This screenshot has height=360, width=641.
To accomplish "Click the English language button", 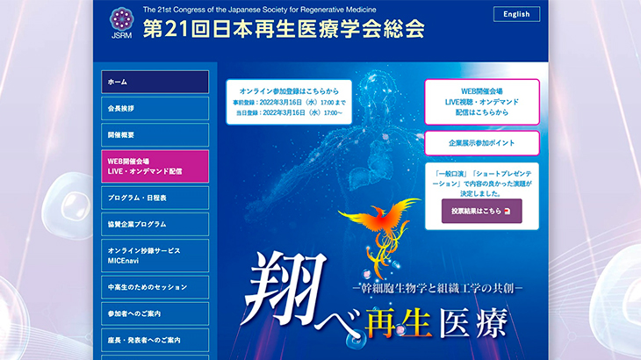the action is pyautogui.click(x=516, y=14).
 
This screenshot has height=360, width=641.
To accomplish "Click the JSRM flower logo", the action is pyautogui.click(x=121, y=19).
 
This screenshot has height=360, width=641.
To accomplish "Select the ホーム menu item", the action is pyautogui.click(x=155, y=83).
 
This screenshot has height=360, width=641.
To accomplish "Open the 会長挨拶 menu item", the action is pyautogui.click(x=155, y=109).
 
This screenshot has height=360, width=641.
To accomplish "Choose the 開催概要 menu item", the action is pyautogui.click(x=155, y=135).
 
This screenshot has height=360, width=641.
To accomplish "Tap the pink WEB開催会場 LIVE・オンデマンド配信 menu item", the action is pyautogui.click(x=155, y=166).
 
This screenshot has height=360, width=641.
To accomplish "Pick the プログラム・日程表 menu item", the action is pyautogui.click(x=155, y=198).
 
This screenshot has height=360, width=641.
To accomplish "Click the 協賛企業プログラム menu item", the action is pyautogui.click(x=155, y=224).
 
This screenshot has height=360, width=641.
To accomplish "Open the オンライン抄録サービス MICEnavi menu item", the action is pyautogui.click(x=155, y=256).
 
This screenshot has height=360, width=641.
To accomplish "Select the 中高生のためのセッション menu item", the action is pyautogui.click(x=155, y=287).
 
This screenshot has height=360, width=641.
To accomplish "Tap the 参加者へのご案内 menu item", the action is pyautogui.click(x=155, y=313).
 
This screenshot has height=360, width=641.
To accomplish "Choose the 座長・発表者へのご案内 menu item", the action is pyautogui.click(x=155, y=340).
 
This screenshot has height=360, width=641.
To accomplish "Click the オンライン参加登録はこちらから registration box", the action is pyautogui.click(x=289, y=102).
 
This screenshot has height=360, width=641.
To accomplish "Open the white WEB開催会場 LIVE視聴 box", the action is pyautogui.click(x=482, y=102).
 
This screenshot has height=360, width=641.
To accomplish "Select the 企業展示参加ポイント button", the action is pyautogui.click(x=482, y=143).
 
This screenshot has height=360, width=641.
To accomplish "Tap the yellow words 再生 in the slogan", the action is pyautogui.click(x=398, y=323).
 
